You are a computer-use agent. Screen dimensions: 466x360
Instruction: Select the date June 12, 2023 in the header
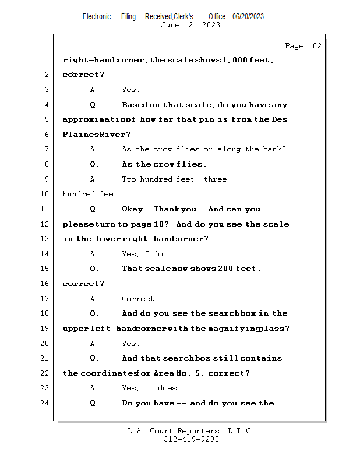click(190, 25)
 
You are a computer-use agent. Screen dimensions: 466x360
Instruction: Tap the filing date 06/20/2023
click(248, 17)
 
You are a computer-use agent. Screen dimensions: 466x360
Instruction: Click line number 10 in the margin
click(45, 194)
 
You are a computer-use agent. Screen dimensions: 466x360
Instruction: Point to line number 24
click(45, 403)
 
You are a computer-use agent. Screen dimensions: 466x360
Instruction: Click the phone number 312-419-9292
click(191, 440)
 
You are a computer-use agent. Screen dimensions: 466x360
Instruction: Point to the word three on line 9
click(215, 179)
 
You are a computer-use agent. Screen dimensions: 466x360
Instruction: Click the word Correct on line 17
click(139, 299)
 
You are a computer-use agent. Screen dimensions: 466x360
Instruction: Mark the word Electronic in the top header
click(97, 17)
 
